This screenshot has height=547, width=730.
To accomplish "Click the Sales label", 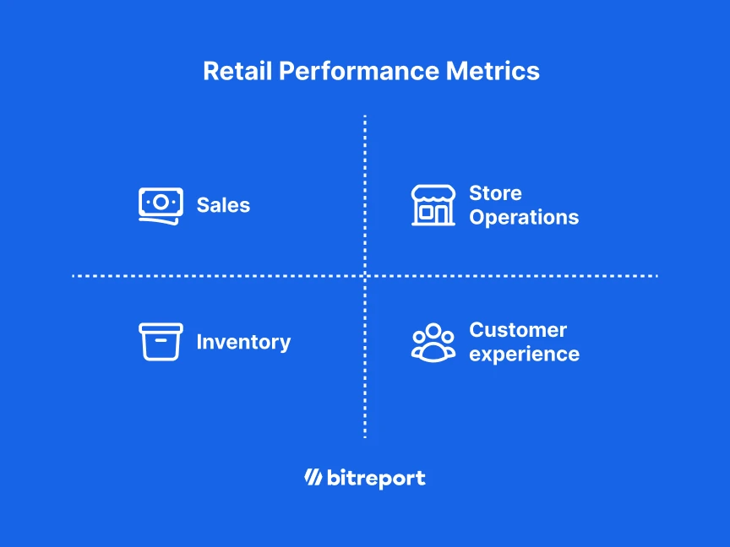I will coord(223,205).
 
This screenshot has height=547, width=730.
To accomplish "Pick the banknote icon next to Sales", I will coord(161,205).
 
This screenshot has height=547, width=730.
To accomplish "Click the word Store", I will coord(495,193).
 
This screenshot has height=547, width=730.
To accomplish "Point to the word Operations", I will coord(524,217).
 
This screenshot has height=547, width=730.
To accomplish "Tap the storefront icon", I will coord(433,205).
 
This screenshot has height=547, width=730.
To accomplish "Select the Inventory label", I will coord(243,342).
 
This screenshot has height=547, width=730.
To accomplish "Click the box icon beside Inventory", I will coord(161,342).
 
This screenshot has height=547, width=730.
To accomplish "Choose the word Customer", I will coord(518,330).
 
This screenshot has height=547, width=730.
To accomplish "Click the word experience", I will coord(524,354).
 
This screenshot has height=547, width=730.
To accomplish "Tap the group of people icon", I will coord(433,342).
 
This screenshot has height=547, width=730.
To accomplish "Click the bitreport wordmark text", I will coord(376,479).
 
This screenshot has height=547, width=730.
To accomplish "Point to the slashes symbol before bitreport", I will coord(313,478).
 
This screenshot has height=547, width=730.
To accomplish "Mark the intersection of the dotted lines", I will coord(365,275).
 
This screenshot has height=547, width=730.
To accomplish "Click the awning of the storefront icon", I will coord(433,194).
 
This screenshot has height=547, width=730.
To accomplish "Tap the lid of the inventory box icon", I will coord(161,328).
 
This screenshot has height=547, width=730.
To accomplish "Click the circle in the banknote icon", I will coord(161,202).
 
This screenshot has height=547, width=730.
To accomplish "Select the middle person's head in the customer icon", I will coord(433,330).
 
